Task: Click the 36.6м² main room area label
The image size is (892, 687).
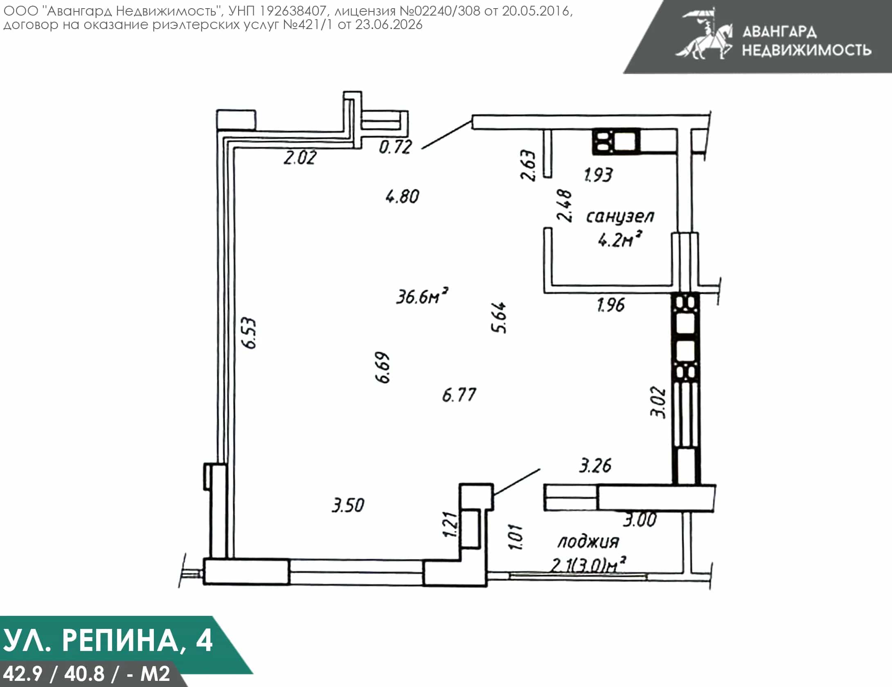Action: (x=422, y=295)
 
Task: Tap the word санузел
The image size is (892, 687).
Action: (x=620, y=216)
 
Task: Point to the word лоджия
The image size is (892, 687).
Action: (x=588, y=542)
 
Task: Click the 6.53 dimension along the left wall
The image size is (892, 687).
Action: (x=249, y=333)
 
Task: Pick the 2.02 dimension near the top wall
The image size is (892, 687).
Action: (x=300, y=158)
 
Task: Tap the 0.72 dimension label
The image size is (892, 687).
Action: (x=395, y=147)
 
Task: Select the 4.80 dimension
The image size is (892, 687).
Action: (x=403, y=197)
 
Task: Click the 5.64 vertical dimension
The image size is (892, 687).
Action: (x=499, y=318)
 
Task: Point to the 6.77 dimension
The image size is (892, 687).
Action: (x=459, y=395)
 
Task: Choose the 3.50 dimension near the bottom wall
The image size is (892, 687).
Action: (x=348, y=505)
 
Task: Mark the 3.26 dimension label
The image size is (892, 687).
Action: (x=595, y=466)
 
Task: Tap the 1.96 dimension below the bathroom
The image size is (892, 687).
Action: (x=611, y=305)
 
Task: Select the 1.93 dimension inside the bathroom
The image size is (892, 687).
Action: (x=598, y=175)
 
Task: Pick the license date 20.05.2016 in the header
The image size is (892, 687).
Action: (x=536, y=11)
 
